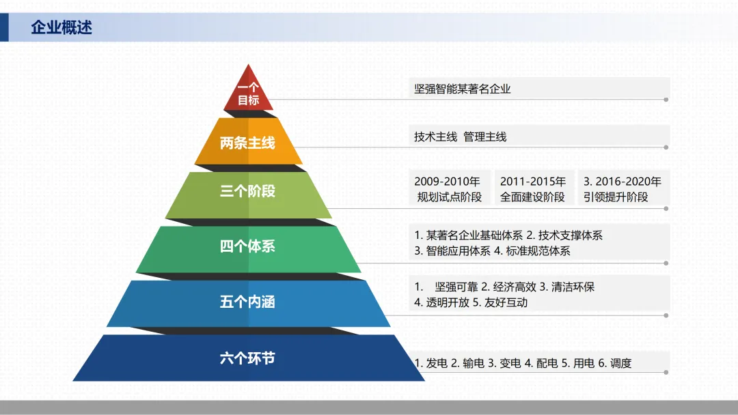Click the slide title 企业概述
coord(61,28)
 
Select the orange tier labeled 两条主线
coord(247,143)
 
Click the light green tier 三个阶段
coord(247,191)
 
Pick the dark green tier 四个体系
coord(247,246)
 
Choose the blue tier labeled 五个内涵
coord(247,302)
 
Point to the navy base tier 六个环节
coord(247,358)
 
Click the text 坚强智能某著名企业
coord(463,89)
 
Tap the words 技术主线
coord(435,137)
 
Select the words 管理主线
coord(485,137)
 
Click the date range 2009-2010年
coord(448,182)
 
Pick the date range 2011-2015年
coord(533,182)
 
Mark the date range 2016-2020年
coord(628,182)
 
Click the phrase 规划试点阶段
coord(450,197)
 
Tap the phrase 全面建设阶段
coord(533,197)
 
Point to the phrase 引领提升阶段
coord(616,197)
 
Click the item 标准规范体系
coord(538,251)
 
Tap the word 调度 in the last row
coord(620,363)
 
